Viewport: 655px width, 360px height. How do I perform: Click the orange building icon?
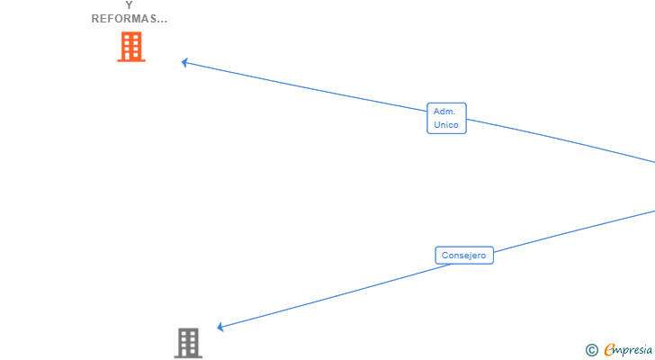131,46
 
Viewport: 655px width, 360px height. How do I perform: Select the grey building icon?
188,342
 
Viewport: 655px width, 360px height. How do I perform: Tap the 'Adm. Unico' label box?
446,118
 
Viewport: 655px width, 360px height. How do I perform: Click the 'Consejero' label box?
464,256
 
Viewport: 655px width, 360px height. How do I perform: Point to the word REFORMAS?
124,19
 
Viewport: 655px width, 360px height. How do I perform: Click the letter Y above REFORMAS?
130,5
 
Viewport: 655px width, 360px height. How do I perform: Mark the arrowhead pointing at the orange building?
184,62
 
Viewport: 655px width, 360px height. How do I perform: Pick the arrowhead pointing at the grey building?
220,327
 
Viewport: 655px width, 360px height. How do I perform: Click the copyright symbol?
591,350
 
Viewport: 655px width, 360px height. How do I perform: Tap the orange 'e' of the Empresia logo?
609,350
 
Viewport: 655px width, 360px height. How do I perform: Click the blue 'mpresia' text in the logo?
634,350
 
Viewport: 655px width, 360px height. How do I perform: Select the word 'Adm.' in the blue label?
444,112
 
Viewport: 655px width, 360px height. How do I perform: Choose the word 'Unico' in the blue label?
445,124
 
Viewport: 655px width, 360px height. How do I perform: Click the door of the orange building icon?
131,57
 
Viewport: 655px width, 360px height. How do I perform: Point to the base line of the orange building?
131,61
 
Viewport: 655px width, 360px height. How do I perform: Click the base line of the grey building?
188,357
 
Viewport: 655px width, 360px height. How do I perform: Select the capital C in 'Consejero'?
444,256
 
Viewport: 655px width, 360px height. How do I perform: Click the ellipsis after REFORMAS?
161,19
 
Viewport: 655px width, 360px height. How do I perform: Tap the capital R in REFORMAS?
95,19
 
